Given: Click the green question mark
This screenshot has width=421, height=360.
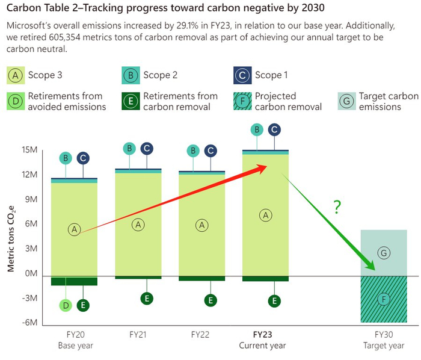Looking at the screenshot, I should tap(337, 207).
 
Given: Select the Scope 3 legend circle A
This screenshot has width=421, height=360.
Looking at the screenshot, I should tap(16, 76).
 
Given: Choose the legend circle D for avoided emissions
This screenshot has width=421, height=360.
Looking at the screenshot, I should tap(16, 101).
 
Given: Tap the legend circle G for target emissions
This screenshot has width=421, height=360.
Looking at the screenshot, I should tap(346, 101).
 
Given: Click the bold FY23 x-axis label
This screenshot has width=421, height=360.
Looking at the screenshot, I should tap(263, 334).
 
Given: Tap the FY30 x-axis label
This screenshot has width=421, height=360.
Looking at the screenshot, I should tap(384, 334).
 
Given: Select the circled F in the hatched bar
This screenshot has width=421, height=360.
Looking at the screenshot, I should tap(384, 299).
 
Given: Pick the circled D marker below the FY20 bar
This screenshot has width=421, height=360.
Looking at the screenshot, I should tap(66, 306).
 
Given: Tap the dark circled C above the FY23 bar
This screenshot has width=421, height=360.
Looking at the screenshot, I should tap(274, 129).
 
